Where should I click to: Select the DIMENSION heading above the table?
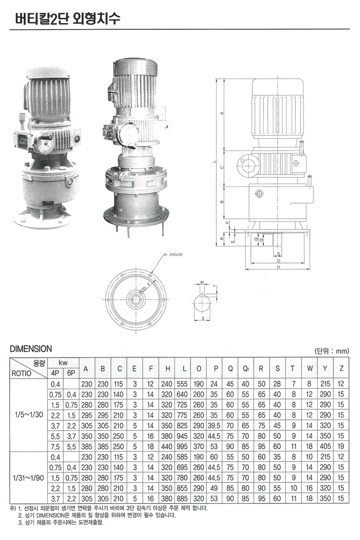point(31,349)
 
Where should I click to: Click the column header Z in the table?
point(341,368)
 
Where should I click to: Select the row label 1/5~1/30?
point(28,415)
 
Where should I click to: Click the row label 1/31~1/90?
point(28,478)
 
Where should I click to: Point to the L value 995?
point(182,446)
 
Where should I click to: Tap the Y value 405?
point(325,446)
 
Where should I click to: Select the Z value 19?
point(341,446)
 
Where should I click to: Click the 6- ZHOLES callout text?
point(173,254)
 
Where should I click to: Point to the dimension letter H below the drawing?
point(278,267)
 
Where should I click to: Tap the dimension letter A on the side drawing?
point(222,113)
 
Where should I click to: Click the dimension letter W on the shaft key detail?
point(202,282)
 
